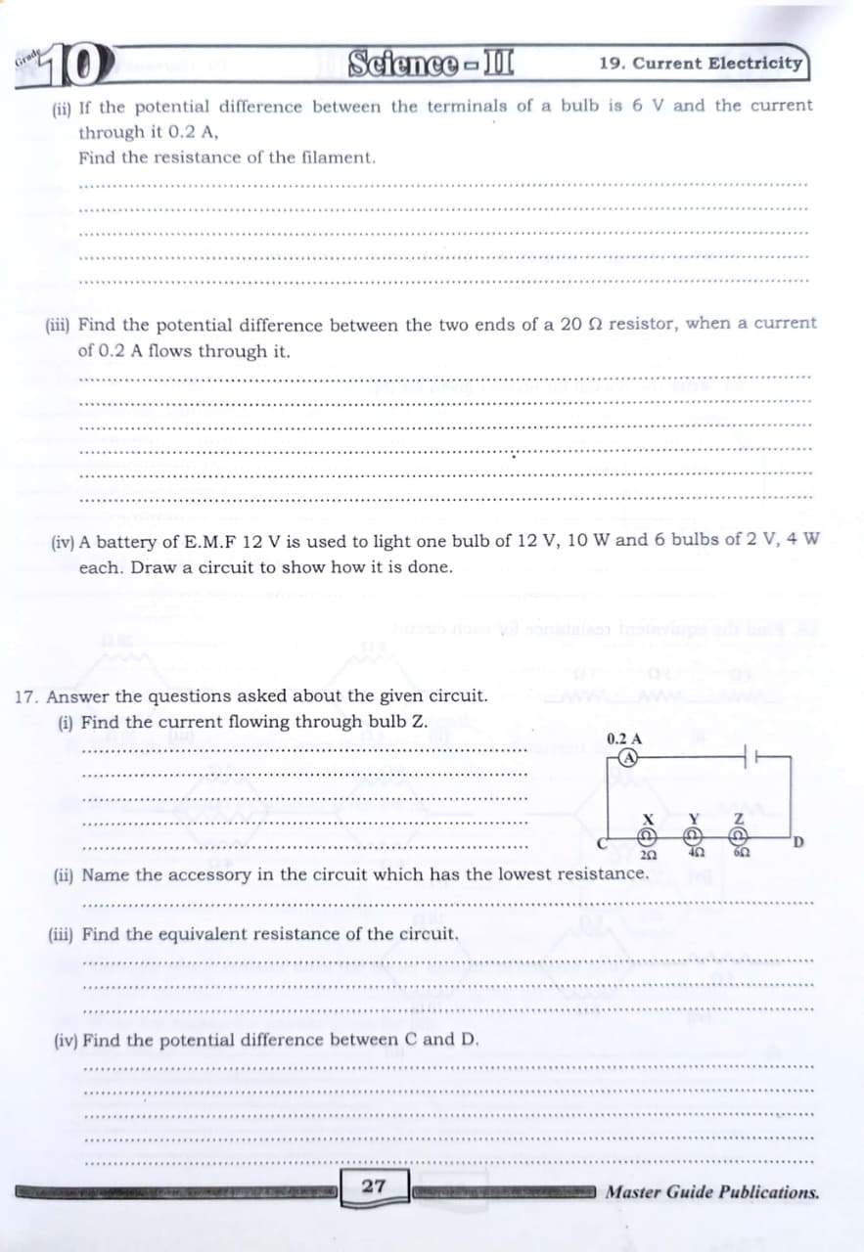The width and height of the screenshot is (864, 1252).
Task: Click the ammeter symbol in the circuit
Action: tap(631, 757)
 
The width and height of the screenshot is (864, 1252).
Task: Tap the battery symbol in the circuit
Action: tap(750, 757)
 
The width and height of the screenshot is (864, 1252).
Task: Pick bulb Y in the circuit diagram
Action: tap(693, 836)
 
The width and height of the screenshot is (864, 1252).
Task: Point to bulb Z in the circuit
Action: tap(740, 836)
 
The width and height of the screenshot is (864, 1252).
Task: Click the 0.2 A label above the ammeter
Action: tap(624, 739)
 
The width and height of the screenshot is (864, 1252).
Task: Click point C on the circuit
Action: tap(604, 843)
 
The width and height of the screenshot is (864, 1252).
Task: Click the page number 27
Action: tap(373, 1186)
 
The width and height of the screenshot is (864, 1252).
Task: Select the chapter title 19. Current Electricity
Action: tap(700, 64)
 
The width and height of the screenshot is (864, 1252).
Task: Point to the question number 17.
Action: tap(27, 696)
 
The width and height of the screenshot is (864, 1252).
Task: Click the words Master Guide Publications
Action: tap(712, 1192)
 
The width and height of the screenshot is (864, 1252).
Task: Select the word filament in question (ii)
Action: tap(338, 156)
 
